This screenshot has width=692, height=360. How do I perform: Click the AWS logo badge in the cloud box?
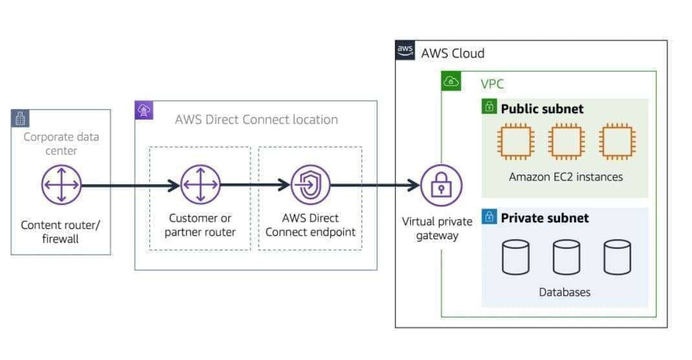[x=405, y=51]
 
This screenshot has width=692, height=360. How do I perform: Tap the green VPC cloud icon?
[x=451, y=81]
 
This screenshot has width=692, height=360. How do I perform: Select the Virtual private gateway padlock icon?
[x=441, y=185]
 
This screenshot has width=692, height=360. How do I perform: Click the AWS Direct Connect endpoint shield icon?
[x=310, y=185]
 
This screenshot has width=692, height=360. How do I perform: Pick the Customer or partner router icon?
[x=200, y=185]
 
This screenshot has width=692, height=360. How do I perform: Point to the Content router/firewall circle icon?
[x=61, y=185]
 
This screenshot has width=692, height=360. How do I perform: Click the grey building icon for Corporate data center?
[x=21, y=118]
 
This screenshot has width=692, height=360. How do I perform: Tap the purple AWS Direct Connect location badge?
[x=144, y=111]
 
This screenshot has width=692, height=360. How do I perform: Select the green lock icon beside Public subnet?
[x=490, y=107]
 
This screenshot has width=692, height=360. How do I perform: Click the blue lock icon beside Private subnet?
[x=490, y=217]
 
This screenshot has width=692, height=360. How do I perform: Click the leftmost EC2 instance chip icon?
[x=515, y=141]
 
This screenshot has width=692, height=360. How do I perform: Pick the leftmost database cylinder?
[x=515, y=257]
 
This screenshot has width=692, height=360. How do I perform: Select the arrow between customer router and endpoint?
[x=255, y=185]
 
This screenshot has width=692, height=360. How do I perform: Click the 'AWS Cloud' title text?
[x=452, y=53]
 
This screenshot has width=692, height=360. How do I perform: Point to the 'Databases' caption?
[x=565, y=292]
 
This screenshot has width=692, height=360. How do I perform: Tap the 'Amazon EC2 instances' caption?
[x=565, y=176]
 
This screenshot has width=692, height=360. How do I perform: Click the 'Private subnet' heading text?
[x=545, y=218]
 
